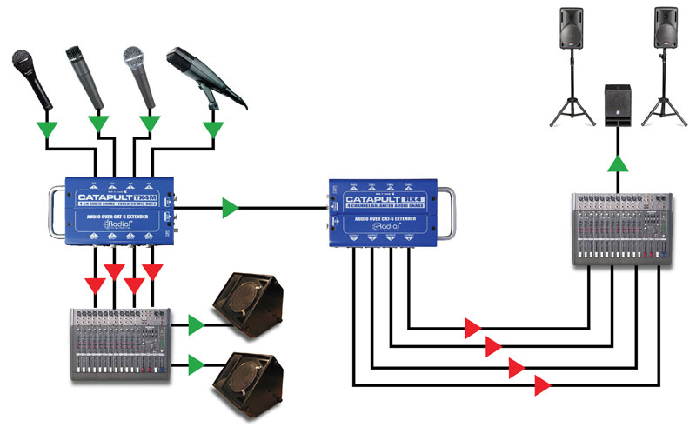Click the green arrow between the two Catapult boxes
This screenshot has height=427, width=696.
(231, 208)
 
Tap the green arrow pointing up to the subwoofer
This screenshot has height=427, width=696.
(618, 163)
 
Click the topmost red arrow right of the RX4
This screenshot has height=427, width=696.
(473, 328)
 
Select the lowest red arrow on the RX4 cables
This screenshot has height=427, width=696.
(543, 384)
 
